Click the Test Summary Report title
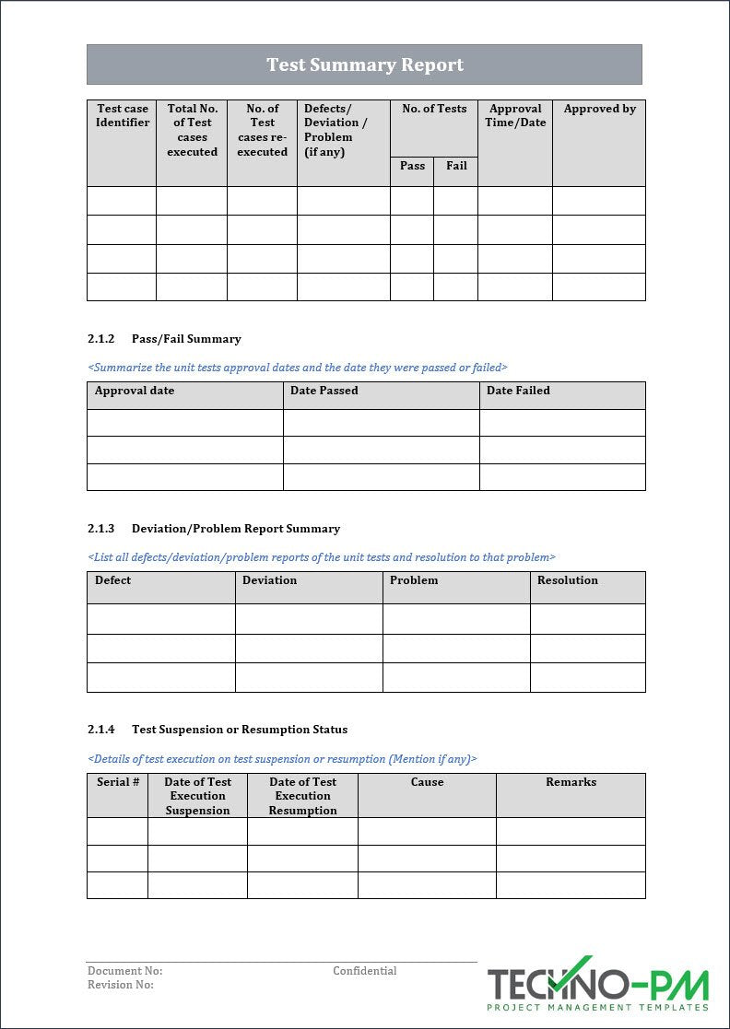click(365, 64)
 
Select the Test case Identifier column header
click(123, 115)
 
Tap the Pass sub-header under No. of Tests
click(412, 166)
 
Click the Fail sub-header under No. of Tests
click(456, 166)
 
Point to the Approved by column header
click(599, 109)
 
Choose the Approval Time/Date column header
click(515, 115)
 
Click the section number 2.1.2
click(100, 339)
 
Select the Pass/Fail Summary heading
click(186, 339)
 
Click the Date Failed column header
click(518, 391)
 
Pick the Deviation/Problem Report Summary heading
click(236, 529)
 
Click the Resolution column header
click(567, 580)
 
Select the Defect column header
click(112, 580)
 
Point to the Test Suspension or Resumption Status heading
click(240, 730)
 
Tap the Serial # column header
click(118, 782)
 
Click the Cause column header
click(427, 782)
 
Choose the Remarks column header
click(571, 782)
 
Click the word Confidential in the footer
click(365, 971)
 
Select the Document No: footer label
click(124, 971)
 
